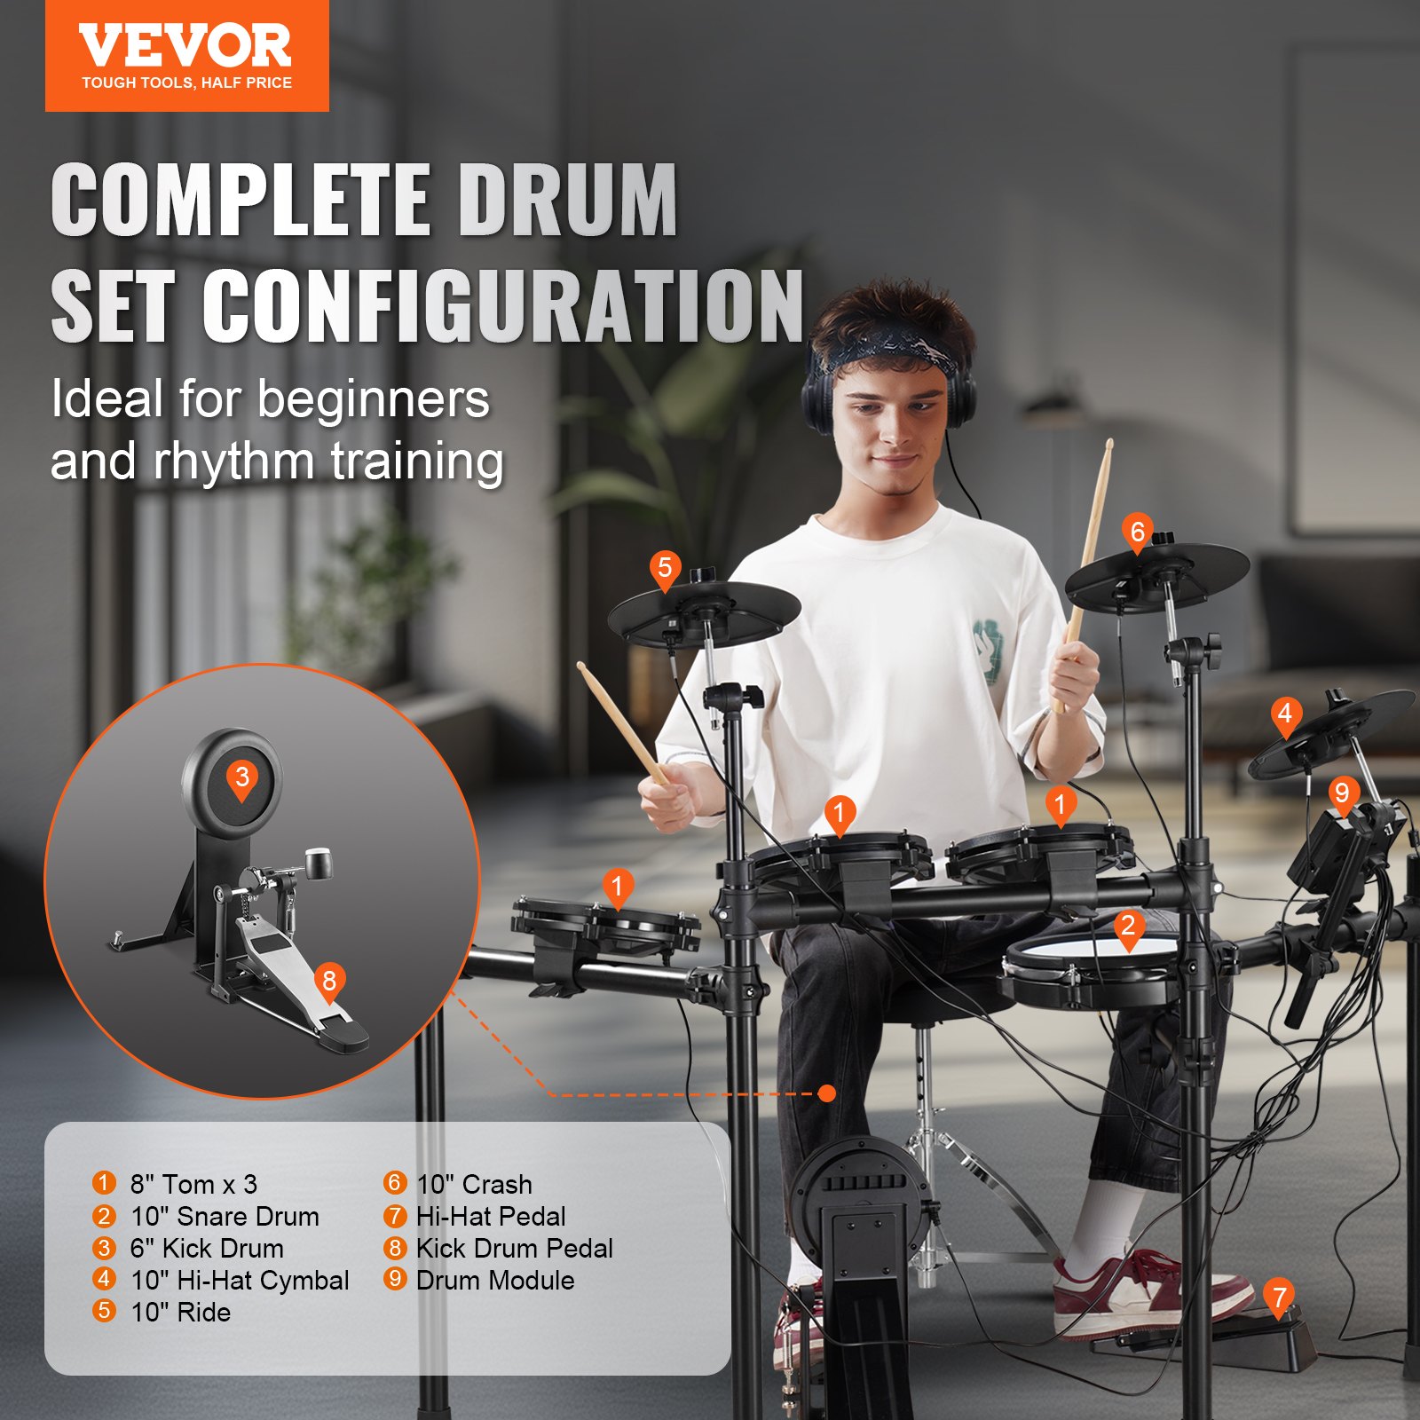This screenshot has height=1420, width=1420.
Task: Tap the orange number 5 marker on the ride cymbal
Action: [x=665, y=569]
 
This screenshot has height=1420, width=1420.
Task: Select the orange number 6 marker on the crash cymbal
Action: [x=1137, y=532]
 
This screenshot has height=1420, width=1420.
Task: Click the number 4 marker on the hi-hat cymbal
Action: [x=1285, y=714]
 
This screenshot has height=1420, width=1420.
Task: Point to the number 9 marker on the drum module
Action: [x=1342, y=793]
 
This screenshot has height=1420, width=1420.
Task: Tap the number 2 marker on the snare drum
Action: [x=1128, y=927]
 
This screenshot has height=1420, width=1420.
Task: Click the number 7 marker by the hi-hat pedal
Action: [x=1279, y=1298]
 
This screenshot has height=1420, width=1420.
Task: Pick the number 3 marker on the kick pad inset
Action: [x=241, y=778]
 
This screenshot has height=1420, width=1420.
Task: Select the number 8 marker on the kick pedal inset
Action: [x=329, y=982]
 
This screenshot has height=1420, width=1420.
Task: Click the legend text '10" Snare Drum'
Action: [x=225, y=1217]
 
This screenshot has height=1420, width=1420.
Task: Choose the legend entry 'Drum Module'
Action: [x=494, y=1281]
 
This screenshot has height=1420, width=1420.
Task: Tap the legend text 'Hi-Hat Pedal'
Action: [x=490, y=1217]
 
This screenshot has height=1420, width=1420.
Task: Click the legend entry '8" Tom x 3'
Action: [x=193, y=1185]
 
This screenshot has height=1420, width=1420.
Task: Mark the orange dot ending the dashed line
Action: [x=827, y=1093]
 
